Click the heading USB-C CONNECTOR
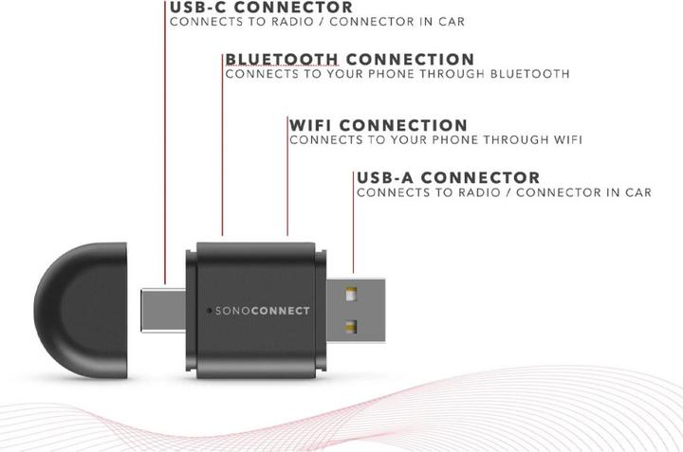pyautogui.click(x=262, y=8)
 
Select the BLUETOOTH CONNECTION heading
pyautogui.click(x=350, y=59)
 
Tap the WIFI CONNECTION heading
pyautogui.click(x=378, y=125)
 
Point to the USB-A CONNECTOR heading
pyautogui.click(x=448, y=177)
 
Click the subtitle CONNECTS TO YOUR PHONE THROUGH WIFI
pyautogui.click(x=436, y=140)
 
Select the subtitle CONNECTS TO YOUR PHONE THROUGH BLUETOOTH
pyautogui.click(x=397, y=74)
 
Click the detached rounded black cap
pyautogui.click(x=81, y=311)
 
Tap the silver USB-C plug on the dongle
pyautogui.click(x=163, y=310)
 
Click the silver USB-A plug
pyautogui.click(x=356, y=311)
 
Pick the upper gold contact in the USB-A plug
pyautogui.click(x=351, y=295)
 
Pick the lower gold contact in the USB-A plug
pyautogui.click(x=351, y=326)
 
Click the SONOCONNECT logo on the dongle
pyautogui.click(x=263, y=311)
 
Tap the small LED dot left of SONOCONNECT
pyautogui.click(x=209, y=311)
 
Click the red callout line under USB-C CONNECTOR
pyautogui.click(x=165, y=143)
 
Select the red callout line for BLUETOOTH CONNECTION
pyautogui.click(x=222, y=145)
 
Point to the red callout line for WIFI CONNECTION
pyautogui.click(x=287, y=176)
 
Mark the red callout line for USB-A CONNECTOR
pyautogui.click(x=353, y=223)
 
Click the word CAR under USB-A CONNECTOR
pyautogui.click(x=638, y=192)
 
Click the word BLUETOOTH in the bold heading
pyautogui.click(x=282, y=59)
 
